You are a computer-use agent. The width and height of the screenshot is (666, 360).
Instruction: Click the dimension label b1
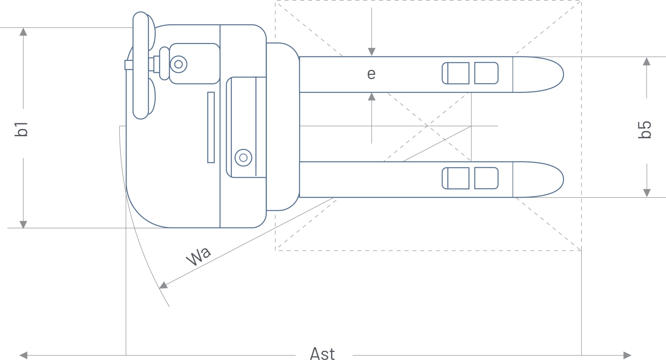pos(21,129)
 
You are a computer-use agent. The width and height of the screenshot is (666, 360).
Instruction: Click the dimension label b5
pos(645,130)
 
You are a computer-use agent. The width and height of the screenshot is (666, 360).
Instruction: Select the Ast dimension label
pos(322,354)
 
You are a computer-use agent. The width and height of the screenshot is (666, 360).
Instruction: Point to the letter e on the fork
pos(371,74)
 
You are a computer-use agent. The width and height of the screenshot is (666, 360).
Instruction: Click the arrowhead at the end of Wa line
pos(163,285)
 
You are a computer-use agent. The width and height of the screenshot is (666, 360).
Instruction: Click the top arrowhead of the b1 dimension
pos(23,32)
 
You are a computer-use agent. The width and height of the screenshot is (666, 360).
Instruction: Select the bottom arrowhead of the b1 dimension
pos(23,224)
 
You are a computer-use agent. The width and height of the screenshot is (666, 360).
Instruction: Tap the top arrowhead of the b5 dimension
pos(647,61)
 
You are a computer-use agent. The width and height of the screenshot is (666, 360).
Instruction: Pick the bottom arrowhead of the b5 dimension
pos(647,193)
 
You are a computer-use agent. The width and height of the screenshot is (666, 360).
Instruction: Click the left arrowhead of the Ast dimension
pos(23,355)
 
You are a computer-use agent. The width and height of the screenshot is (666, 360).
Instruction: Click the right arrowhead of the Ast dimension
pos(627,355)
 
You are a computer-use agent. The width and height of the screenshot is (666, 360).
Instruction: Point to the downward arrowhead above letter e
pos(372,52)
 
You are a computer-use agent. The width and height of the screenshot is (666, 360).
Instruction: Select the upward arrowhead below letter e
pos(372,97)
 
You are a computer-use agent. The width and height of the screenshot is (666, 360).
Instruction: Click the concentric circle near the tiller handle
pos(178,64)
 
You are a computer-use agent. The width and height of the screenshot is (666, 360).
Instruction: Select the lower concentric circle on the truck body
pos(243,158)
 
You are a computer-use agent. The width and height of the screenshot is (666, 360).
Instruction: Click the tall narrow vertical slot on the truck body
pos(211,127)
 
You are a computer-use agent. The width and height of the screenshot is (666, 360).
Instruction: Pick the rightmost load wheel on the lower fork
pos(486,178)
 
